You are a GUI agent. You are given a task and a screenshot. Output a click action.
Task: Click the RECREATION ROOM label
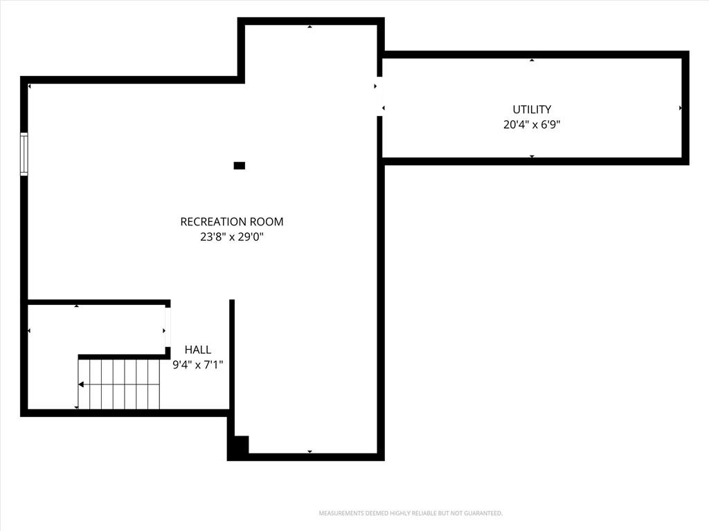tap(231, 222)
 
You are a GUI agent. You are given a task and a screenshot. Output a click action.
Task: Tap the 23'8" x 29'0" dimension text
tap(231, 236)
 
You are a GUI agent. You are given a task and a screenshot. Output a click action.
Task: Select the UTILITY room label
tap(532, 109)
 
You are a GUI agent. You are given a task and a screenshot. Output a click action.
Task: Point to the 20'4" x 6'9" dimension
tap(532, 124)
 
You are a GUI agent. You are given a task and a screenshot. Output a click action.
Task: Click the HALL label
tap(197, 349)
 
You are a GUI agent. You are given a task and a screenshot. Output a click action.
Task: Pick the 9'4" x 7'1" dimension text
tap(197, 364)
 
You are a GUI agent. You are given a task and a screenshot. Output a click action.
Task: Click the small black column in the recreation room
tap(239, 166)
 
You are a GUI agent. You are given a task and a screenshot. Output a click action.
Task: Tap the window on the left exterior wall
tap(24, 154)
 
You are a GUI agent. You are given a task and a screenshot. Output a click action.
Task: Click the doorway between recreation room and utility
tap(380, 97)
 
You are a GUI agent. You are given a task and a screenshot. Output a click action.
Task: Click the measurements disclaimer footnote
tap(411, 514)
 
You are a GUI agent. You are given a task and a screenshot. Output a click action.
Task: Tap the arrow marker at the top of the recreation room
tap(309, 27)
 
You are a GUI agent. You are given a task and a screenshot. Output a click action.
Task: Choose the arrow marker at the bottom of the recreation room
tap(309, 451)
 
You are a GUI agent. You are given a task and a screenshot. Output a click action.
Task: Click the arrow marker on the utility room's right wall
tap(681, 109)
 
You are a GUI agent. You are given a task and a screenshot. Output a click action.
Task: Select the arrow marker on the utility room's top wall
tap(532, 60)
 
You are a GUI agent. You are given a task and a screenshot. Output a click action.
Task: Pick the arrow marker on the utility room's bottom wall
tap(532, 156)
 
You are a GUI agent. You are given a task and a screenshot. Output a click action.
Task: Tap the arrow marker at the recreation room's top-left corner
tap(29, 86)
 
